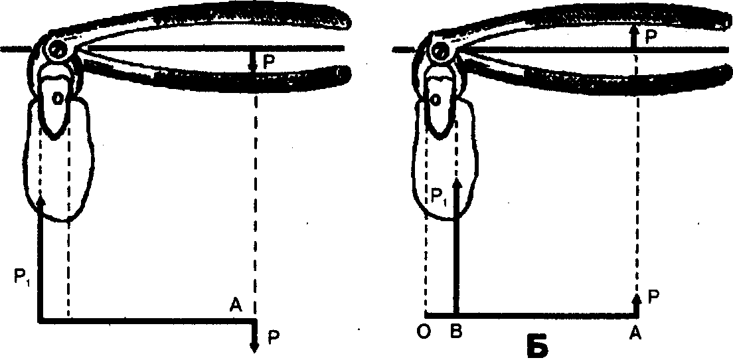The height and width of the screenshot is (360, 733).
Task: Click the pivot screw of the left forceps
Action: [58, 48]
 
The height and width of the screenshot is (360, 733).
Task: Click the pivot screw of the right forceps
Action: [438, 48]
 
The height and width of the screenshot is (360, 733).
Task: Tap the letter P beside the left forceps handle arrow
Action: [268, 61]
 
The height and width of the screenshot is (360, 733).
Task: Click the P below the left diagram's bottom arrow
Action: [274, 337]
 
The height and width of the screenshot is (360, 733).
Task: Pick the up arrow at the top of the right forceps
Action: [635, 30]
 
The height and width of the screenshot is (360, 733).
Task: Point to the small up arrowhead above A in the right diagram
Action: [636, 298]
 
